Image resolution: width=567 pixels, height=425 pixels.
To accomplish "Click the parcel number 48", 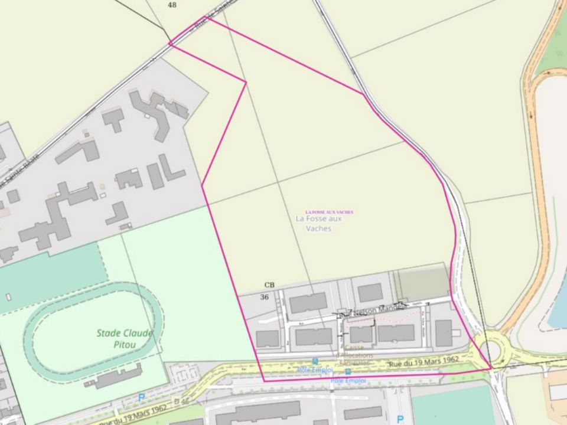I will click(172, 5).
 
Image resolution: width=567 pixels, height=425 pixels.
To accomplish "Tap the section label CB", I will click(269, 285).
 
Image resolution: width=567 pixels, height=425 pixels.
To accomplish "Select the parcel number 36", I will click(265, 297).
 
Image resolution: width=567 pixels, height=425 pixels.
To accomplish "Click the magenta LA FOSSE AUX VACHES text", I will click(329, 212).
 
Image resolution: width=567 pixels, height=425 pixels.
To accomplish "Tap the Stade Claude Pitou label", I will click(125, 339).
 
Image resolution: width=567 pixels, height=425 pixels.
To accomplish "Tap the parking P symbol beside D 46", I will click(141, 398).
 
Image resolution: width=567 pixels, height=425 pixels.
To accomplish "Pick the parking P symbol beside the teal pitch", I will click(400, 419).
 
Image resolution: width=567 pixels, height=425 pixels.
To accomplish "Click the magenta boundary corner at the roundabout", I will click(491, 368).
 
